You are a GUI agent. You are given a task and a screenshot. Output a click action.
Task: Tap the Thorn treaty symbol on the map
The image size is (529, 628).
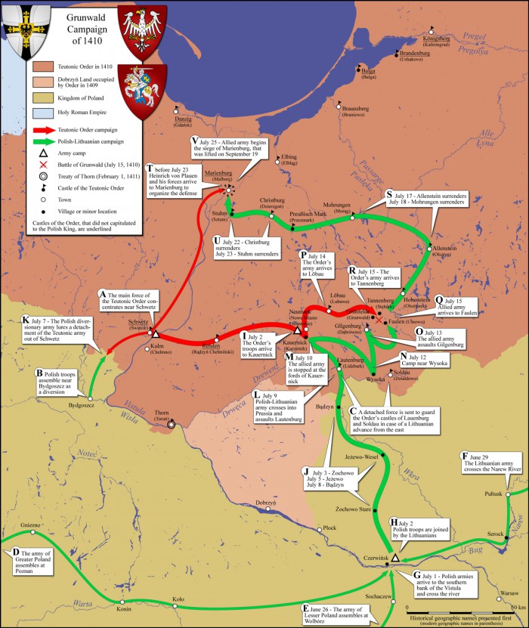172,424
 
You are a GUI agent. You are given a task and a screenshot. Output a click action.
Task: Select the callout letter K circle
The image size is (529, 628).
26,320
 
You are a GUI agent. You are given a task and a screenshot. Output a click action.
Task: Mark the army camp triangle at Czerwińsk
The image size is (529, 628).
394,557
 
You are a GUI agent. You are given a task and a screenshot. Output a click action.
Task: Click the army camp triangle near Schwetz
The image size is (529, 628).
154,333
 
